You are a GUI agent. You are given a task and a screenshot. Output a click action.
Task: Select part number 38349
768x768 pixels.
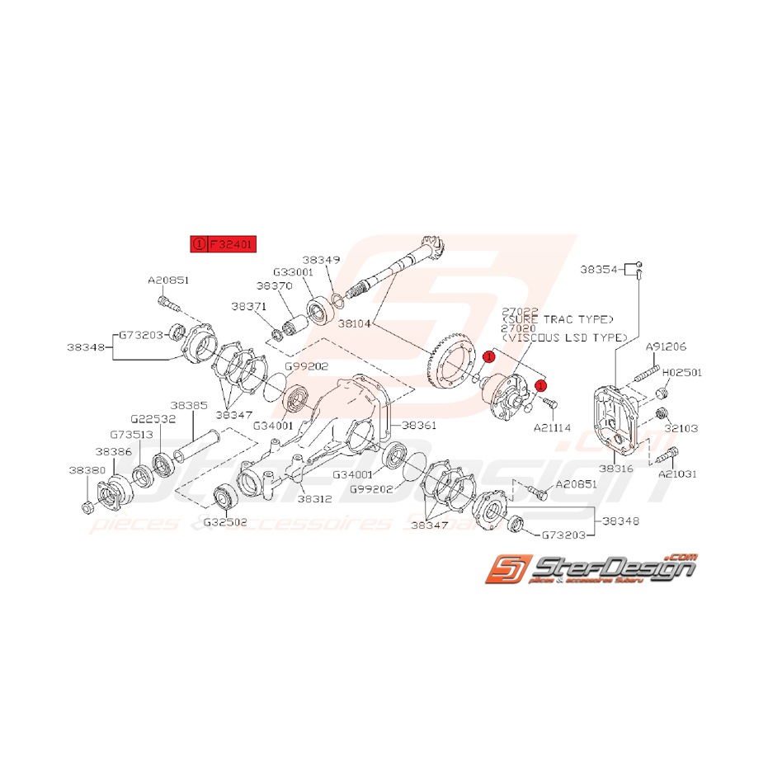pos(320,259)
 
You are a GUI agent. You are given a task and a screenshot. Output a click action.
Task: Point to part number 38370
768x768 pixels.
pos(274,285)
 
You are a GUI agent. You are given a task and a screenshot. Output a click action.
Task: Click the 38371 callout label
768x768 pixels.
pos(249,306)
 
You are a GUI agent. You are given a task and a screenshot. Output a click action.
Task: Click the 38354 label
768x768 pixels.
pos(599,269)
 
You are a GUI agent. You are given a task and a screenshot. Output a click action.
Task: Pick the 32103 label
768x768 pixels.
pos(682,429)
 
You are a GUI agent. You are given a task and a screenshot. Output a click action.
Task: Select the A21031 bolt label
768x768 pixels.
pos(677,474)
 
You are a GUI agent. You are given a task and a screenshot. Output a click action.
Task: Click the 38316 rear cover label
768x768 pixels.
pos(617,468)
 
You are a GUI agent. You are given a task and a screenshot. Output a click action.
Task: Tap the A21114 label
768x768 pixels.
pos(553,428)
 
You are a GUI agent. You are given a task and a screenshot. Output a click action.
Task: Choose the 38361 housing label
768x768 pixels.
pos(421,425)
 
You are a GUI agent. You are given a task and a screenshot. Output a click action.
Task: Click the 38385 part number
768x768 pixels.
pos(189,406)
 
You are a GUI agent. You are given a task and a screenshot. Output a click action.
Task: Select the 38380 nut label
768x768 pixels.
pos(86,471)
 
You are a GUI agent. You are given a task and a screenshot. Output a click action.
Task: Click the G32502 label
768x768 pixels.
pos(225,521)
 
